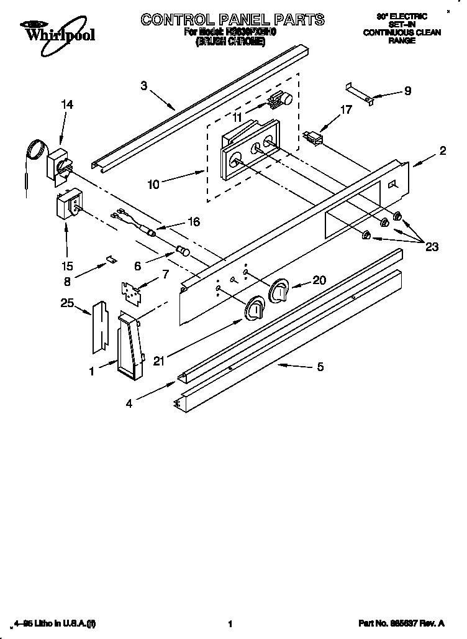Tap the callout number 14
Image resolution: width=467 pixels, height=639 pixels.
66,105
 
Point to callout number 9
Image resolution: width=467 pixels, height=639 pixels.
407,91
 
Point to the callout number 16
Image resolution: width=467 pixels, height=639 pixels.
194,222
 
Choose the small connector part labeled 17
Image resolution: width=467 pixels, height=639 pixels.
314,137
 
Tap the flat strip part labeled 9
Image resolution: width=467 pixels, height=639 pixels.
360,92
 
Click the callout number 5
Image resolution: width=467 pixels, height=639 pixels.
320,367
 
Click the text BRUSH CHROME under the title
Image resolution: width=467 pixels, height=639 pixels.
231,42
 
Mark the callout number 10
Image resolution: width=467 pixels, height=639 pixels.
153,184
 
